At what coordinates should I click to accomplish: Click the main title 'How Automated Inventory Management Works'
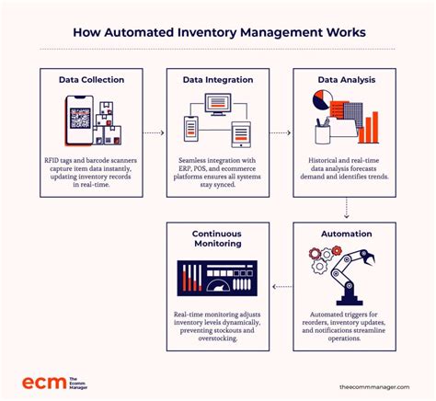point(218,33)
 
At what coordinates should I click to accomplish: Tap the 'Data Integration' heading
point(217,80)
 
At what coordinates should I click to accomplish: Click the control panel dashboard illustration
point(217,279)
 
